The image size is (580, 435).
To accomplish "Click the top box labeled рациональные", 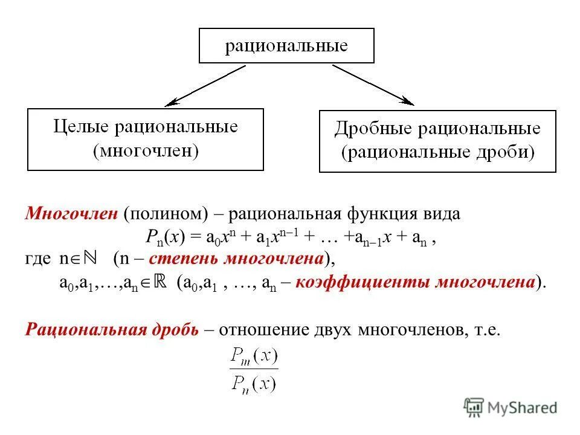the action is (286, 45).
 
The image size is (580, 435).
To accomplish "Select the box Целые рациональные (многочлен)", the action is (146, 140).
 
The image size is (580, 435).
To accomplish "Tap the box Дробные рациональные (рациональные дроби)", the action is (437, 141).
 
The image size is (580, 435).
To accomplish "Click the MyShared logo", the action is (511, 408).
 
